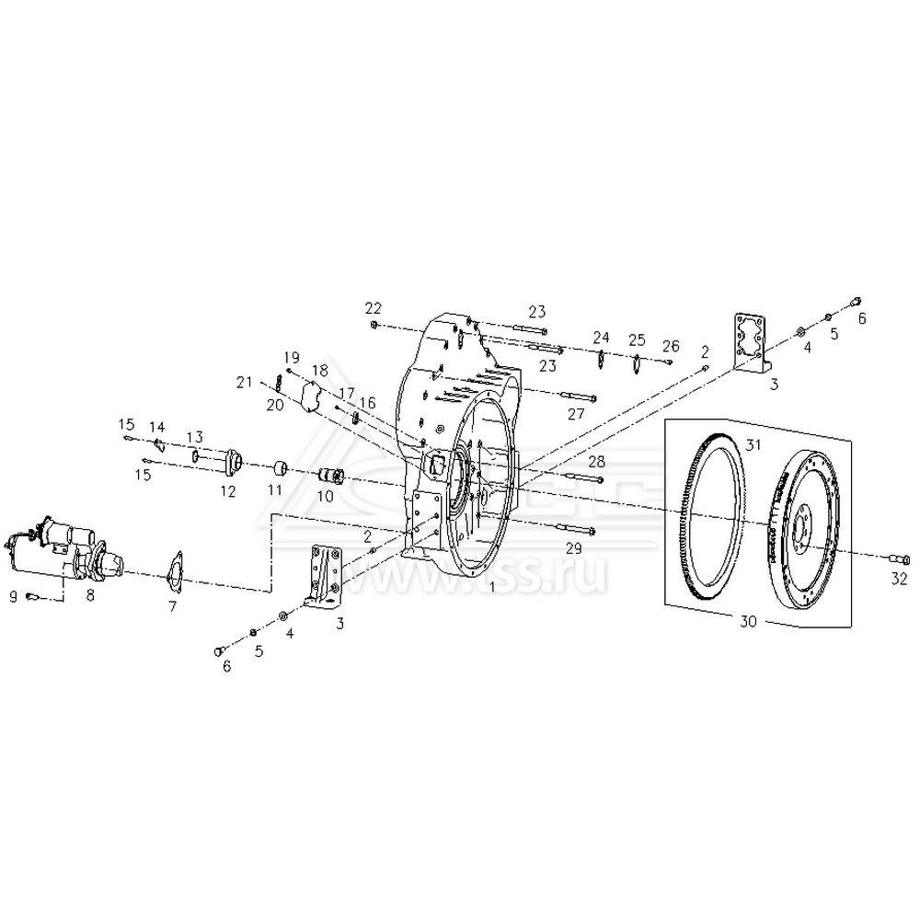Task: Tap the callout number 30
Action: click(748, 621)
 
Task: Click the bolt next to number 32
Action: click(900, 558)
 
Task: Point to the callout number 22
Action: click(374, 308)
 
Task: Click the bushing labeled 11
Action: click(281, 469)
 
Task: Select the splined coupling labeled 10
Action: click(332, 476)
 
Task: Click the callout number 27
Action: click(576, 414)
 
